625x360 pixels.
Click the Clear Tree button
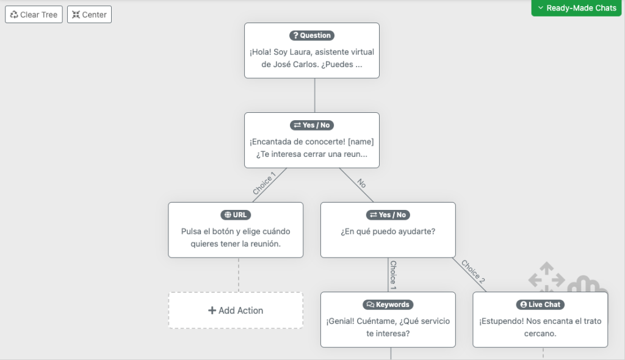(34, 15)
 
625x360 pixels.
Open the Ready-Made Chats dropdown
(576, 8)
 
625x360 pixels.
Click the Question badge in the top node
(312, 35)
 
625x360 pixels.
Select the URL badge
(236, 215)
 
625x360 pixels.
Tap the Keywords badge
(388, 304)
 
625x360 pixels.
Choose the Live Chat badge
(540, 304)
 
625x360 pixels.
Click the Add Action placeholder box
(236, 311)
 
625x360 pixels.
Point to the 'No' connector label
(361, 183)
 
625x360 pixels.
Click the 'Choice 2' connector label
(473, 272)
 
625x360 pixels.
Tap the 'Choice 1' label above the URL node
(264, 183)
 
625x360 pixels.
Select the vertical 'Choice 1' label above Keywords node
(394, 275)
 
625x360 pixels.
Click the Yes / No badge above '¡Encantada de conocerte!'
(312, 125)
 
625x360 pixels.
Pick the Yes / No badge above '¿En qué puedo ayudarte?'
(388, 215)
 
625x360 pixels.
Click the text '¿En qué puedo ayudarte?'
(388, 232)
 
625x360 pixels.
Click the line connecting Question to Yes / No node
(315, 95)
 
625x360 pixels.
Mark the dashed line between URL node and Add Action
(239, 275)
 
